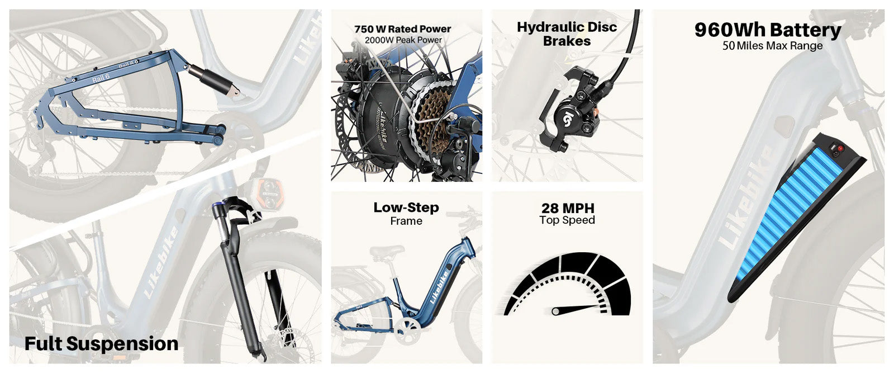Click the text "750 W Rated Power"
pyautogui.click(x=402, y=29)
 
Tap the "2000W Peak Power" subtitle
pyautogui.click(x=403, y=40)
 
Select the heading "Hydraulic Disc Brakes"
pyautogui.click(x=567, y=34)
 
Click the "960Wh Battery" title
pyautogui.click(x=768, y=30)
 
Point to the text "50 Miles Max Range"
pyautogui.click(x=772, y=45)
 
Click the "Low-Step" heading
pyautogui.click(x=406, y=207)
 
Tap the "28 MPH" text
pyautogui.click(x=568, y=208)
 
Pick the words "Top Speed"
pyautogui.click(x=567, y=220)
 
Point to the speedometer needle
pyautogui.click(x=579, y=309)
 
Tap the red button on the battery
pyautogui.click(x=840, y=149)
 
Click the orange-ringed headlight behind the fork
pyautogui.click(x=270, y=193)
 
